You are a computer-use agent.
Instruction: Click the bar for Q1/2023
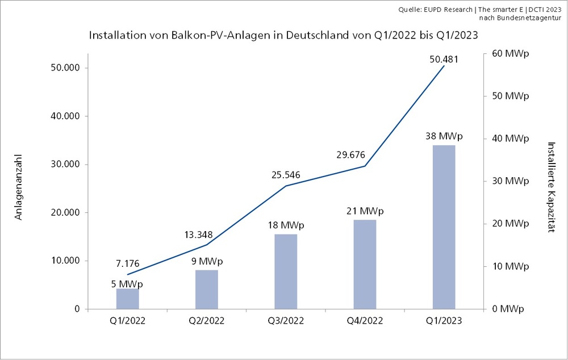click(444, 227)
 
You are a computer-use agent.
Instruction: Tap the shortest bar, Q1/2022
click(128, 299)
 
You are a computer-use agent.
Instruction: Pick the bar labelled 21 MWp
click(365, 264)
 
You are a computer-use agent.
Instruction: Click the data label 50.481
click(444, 59)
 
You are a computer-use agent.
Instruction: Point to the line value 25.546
click(285, 174)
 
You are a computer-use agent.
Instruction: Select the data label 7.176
click(127, 264)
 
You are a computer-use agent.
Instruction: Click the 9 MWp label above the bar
click(207, 261)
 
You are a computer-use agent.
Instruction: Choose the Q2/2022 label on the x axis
click(207, 320)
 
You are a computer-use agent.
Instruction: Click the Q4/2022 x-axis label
click(365, 320)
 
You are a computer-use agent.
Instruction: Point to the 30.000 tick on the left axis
click(64, 165)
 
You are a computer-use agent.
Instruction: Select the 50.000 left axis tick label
click(64, 68)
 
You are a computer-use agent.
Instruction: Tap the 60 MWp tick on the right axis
click(509, 53)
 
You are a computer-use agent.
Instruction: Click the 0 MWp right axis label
click(507, 309)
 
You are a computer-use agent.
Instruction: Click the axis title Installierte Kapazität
click(550, 187)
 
